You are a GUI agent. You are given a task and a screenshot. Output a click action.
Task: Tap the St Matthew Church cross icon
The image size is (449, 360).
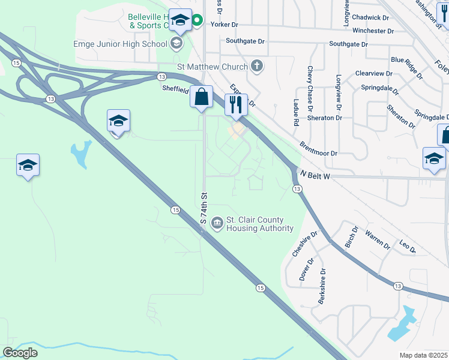257,65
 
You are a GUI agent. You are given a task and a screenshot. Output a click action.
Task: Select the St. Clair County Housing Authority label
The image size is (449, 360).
260,224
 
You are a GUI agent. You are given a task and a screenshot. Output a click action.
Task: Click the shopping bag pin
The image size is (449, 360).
202,97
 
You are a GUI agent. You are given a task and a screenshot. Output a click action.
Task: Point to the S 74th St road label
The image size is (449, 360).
204,208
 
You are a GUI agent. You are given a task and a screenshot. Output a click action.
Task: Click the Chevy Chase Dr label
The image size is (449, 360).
310,89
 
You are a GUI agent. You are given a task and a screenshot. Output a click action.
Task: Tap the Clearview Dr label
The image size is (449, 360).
373,74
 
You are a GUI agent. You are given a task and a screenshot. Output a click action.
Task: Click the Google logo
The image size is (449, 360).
20,353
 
